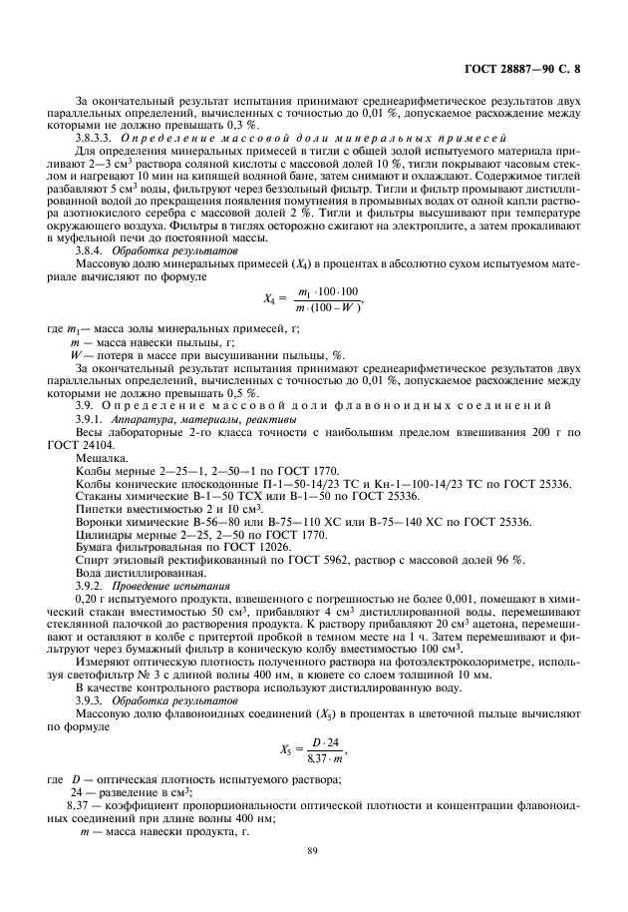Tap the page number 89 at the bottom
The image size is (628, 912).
pyautogui.click(x=312, y=851)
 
